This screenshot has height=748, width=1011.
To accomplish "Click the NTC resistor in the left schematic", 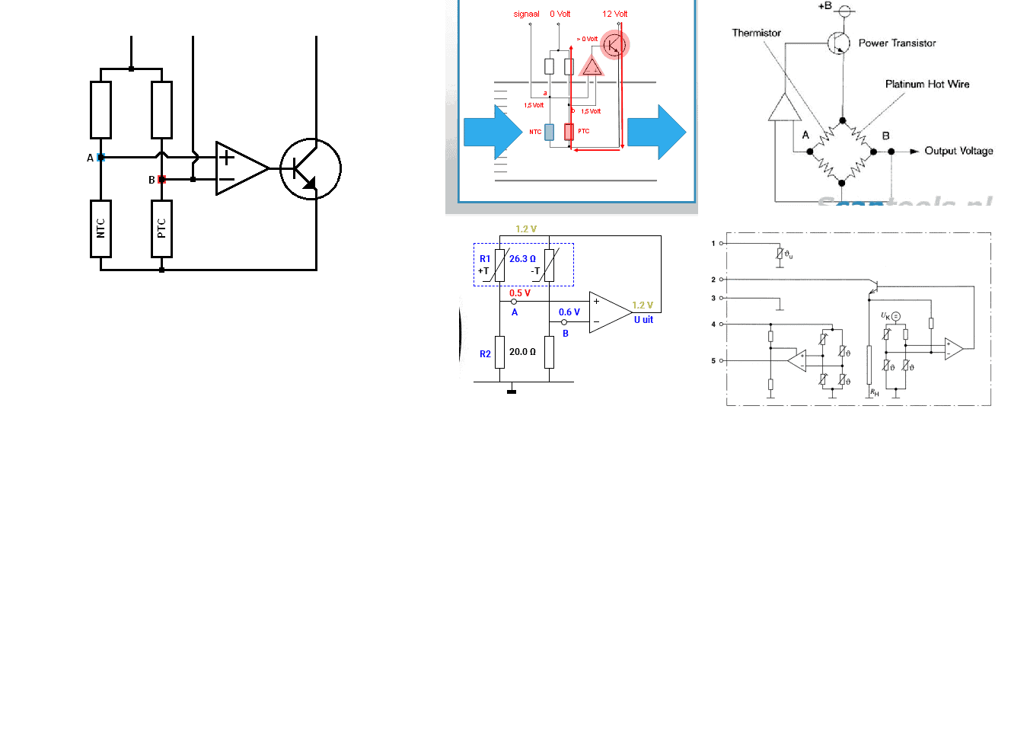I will (100, 229).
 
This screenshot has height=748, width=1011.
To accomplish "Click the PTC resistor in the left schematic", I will (161, 229).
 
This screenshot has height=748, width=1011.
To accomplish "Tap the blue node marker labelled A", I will (100, 158).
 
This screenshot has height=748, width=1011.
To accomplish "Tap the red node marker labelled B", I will (161, 180).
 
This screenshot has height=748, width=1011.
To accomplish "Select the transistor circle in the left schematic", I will (311, 168).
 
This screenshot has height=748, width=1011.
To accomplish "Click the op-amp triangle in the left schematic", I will (241, 168).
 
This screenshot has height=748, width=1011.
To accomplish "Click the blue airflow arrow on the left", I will (492, 132).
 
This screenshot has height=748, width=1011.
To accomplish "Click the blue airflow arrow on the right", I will (657, 132).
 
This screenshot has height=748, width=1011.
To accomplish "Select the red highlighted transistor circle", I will (614, 45).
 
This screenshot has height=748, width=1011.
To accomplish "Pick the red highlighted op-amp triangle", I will (592, 68).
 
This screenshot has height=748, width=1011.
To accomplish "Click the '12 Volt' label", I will (615, 14).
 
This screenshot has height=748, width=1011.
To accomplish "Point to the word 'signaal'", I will (526, 14).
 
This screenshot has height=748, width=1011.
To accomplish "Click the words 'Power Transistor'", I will (897, 43).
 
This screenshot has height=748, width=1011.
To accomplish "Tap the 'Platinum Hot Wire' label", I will (927, 85).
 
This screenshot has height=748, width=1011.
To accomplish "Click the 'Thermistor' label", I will (756, 33).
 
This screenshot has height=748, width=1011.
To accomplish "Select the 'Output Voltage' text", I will (958, 151).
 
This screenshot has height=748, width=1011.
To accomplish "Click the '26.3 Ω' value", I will (522, 259).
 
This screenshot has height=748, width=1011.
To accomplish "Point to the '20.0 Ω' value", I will (522, 352).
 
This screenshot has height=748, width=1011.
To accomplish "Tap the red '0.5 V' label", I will (520, 293).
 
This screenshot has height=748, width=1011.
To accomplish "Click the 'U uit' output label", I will (643, 320).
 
